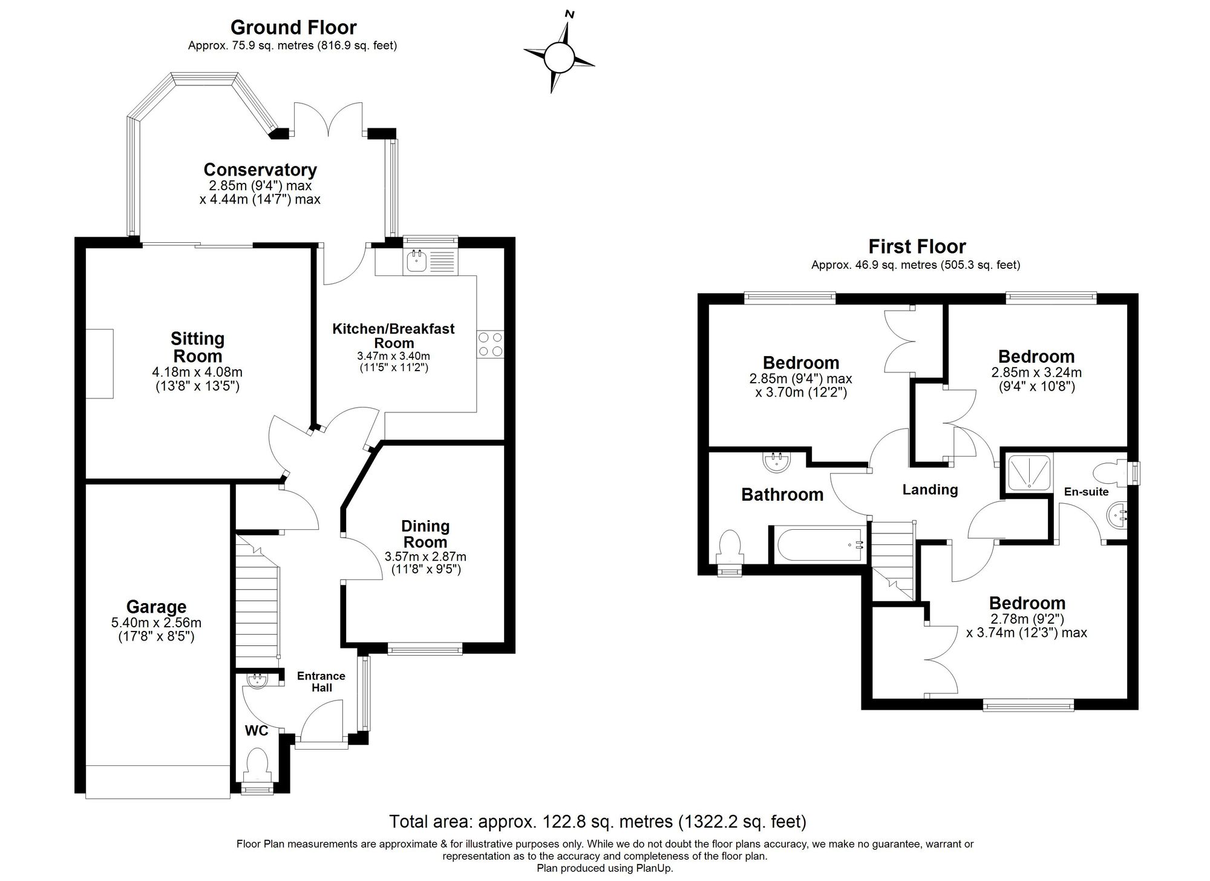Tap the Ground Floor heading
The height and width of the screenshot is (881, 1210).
coord(293,27)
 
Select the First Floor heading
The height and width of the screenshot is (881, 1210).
coord(917,246)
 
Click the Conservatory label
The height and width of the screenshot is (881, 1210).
coord(260,170)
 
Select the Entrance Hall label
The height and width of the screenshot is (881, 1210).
coord(321,682)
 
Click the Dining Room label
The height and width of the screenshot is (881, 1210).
coord(425,534)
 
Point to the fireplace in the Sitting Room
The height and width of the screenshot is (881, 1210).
coord(99,363)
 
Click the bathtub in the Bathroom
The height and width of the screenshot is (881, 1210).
coord(819,544)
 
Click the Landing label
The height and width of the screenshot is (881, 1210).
coord(930,489)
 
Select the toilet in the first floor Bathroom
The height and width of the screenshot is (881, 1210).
coord(730,548)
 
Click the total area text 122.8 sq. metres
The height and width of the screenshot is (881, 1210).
coord(598,822)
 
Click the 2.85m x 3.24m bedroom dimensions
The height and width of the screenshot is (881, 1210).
coord(1036,380)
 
